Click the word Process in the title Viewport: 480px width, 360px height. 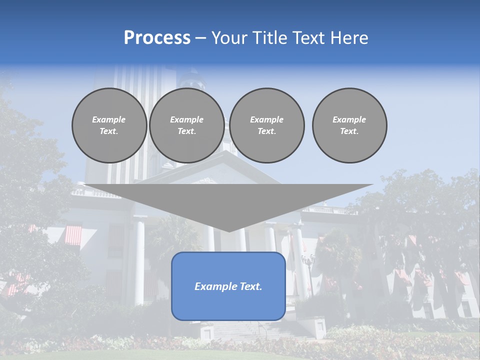pyautogui.click(x=157, y=38)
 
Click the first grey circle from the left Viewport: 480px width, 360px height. pyautogui.click(x=109, y=125)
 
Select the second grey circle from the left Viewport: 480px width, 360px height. pyautogui.click(x=186, y=125)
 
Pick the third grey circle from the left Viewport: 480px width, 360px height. pyautogui.click(x=266, y=125)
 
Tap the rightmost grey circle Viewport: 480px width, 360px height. pyautogui.click(x=349, y=125)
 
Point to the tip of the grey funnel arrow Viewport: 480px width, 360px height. pyautogui.click(x=228, y=230)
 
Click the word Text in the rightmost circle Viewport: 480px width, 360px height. pyautogui.click(x=349, y=131)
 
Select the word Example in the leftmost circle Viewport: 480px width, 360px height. pyautogui.click(x=109, y=119)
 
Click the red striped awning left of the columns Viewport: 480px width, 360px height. pyautogui.click(x=73, y=234)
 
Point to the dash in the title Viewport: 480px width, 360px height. pyautogui.click(x=200, y=38)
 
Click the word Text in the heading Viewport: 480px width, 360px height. pyautogui.click(x=308, y=38)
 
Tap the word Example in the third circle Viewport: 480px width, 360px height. pyautogui.click(x=266, y=119)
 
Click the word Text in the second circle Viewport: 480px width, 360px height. pyautogui.click(x=186, y=131)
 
